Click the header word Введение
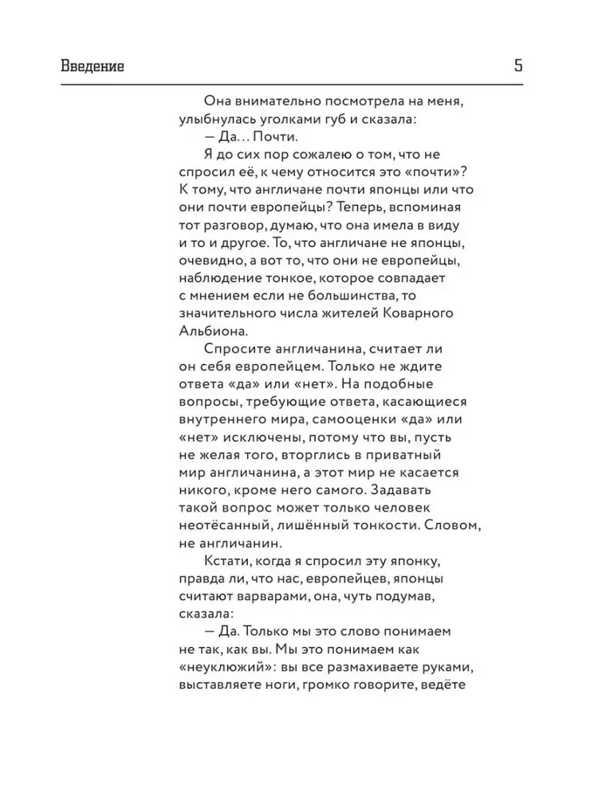(x=92, y=66)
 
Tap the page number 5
(x=518, y=66)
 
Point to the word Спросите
(x=240, y=348)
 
